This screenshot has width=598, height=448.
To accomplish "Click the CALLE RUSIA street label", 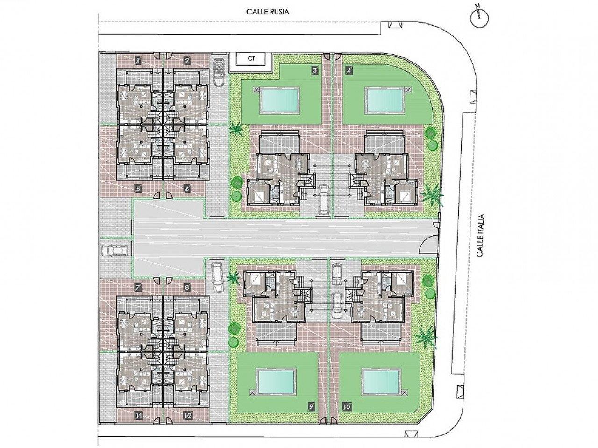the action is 268,12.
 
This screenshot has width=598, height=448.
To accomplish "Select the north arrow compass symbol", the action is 479,17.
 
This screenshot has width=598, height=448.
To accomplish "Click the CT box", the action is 250,58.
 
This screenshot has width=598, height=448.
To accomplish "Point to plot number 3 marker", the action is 314,71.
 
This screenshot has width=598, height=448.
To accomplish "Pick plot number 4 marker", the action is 348,71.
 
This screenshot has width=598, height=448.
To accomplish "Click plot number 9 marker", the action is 311,414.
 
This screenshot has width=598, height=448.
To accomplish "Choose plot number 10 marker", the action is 347,414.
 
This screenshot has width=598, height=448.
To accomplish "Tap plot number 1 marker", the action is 138,61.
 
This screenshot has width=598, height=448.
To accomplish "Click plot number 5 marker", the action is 138,189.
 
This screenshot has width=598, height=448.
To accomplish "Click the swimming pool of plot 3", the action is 279,100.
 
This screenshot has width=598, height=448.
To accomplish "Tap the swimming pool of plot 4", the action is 384,100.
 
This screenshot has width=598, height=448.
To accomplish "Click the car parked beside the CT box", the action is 219,72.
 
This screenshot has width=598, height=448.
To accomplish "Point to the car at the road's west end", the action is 115,251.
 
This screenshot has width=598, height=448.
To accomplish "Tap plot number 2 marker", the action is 187,61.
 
